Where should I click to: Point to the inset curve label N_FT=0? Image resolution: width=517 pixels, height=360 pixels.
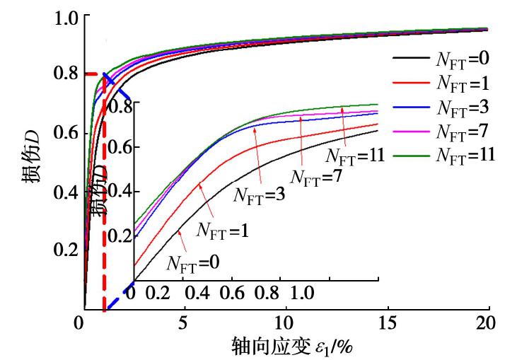pos(192,263)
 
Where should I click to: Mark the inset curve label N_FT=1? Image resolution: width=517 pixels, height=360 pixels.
pos(222,229)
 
